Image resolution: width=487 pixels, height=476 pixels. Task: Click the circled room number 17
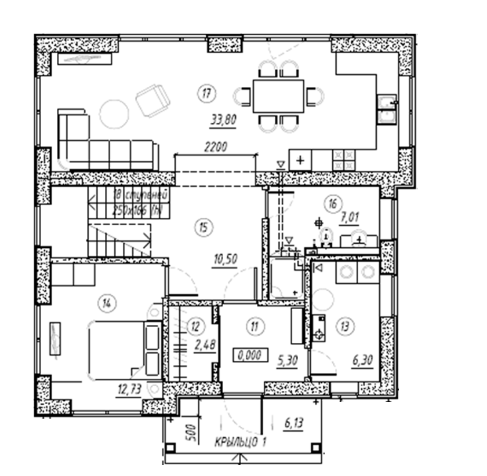pos(205,93)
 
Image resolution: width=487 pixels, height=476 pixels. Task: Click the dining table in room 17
pos(278,96)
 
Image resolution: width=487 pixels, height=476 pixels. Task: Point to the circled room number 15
pos(201,227)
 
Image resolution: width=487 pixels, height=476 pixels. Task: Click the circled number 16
pos(332,203)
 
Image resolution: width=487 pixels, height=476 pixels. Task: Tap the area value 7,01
pos(350,218)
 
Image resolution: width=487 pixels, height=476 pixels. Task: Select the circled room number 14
pos(105,302)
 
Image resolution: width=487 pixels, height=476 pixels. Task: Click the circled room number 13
pos(346,326)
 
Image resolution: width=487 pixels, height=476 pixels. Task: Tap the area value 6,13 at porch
pos(293,423)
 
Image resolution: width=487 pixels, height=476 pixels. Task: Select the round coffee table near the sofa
pos(114,113)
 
